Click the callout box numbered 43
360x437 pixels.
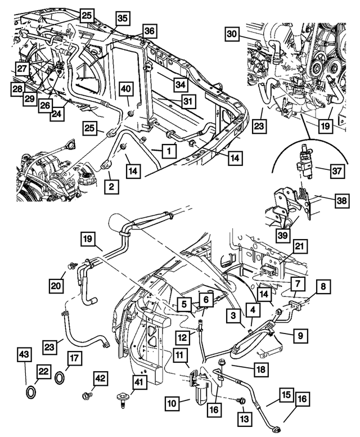coord(25,355)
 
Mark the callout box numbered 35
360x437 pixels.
coord(123,19)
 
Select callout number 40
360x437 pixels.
coord(126,89)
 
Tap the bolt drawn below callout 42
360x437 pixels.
coord(86,395)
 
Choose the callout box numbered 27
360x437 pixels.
coord(21,69)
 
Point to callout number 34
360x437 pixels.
coord(180,84)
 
